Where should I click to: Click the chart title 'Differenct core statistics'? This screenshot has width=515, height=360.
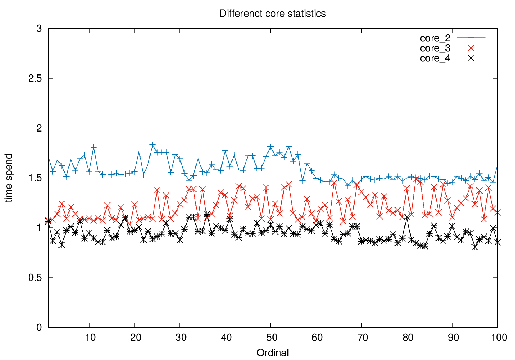tap(272, 14)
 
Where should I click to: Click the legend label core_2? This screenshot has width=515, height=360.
tap(435, 38)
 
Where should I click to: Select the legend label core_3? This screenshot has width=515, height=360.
tap(435, 48)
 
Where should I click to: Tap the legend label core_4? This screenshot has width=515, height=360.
tap(435, 58)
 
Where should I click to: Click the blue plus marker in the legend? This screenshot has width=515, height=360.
tap(471, 38)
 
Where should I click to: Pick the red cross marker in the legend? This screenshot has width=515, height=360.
tap(471, 48)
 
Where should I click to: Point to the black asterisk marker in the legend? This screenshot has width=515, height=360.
tap(471, 58)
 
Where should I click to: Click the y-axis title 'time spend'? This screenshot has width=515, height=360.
tap(9, 178)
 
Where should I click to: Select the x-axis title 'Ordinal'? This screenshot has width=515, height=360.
tap(273, 353)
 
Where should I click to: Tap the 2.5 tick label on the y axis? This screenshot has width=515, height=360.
tap(35, 78)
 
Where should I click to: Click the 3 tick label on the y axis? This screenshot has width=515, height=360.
tap(39, 29)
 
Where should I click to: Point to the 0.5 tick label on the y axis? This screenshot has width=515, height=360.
tap(35, 278)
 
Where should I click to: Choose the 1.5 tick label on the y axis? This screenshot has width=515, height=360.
tap(35, 178)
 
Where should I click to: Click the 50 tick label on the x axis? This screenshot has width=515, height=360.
tap(272, 338)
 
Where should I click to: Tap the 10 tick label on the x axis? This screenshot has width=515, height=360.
tap(90, 338)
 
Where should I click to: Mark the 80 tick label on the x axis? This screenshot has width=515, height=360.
tap(408, 338)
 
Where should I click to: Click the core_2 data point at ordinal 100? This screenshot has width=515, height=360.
tap(498, 165)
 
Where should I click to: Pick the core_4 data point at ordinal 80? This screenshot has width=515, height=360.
tap(407, 217)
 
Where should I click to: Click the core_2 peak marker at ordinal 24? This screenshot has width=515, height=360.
tap(153, 145)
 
